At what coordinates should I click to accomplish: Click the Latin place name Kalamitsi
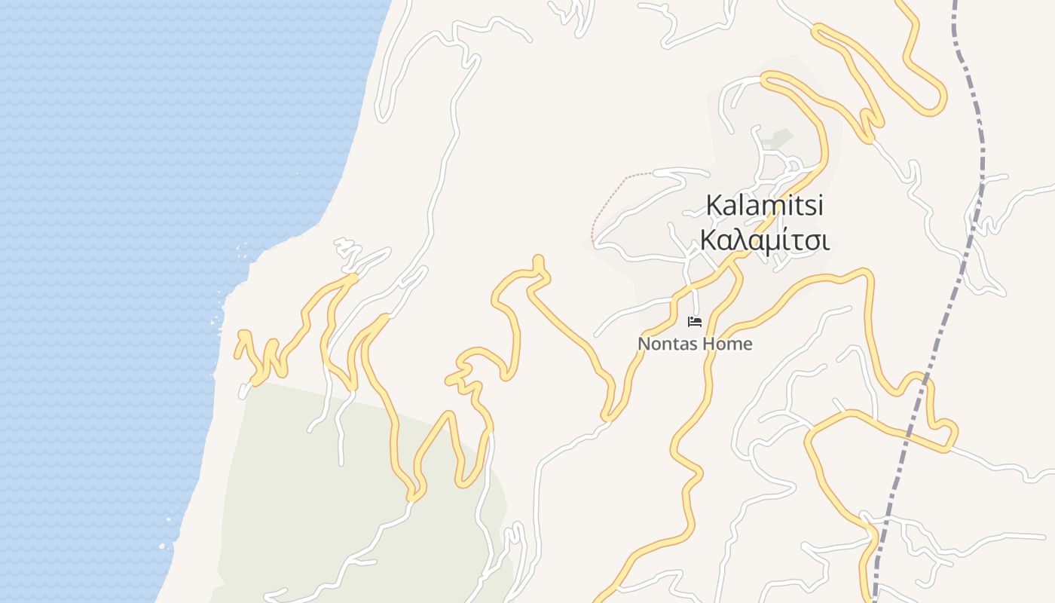pyautogui.click(x=764, y=205)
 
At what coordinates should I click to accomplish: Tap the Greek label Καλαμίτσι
pyautogui.click(x=764, y=241)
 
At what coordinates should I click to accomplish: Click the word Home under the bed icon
pyautogui.click(x=726, y=344)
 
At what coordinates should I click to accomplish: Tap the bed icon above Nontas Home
pyautogui.click(x=695, y=322)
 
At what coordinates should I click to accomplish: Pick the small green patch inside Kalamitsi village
pyautogui.click(x=777, y=139)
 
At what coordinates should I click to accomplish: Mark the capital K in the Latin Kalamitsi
pyautogui.click(x=714, y=205)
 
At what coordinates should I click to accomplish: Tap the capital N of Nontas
pyautogui.click(x=644, y=344)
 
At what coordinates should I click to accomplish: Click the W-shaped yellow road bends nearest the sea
pyautogui.click(x=264, y=358)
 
